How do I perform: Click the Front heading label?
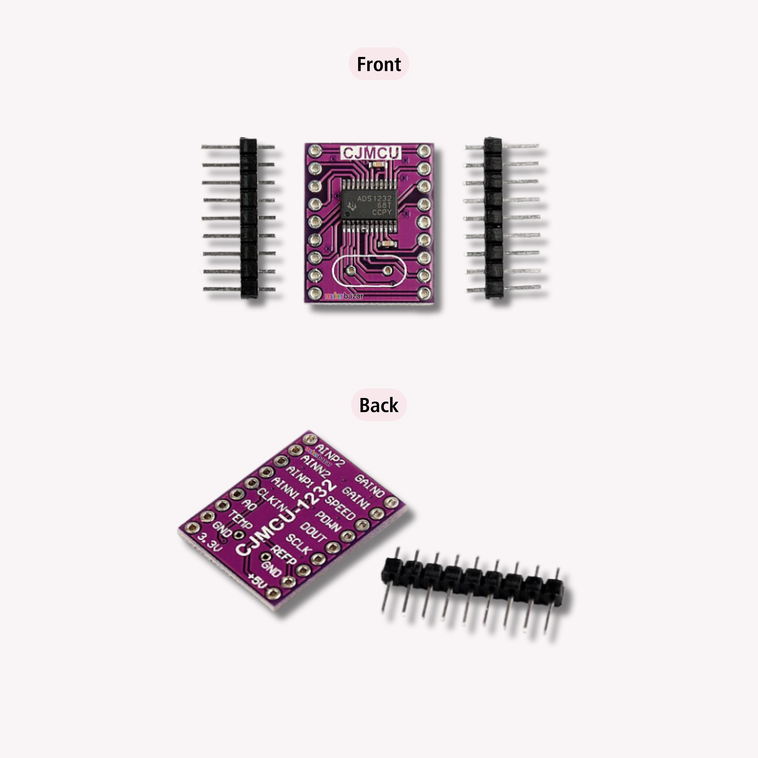point(379,64)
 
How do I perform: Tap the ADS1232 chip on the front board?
point(369,205)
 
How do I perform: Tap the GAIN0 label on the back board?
point(369,486)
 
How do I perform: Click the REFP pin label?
point(284,555)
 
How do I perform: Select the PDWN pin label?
point(328,522)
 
